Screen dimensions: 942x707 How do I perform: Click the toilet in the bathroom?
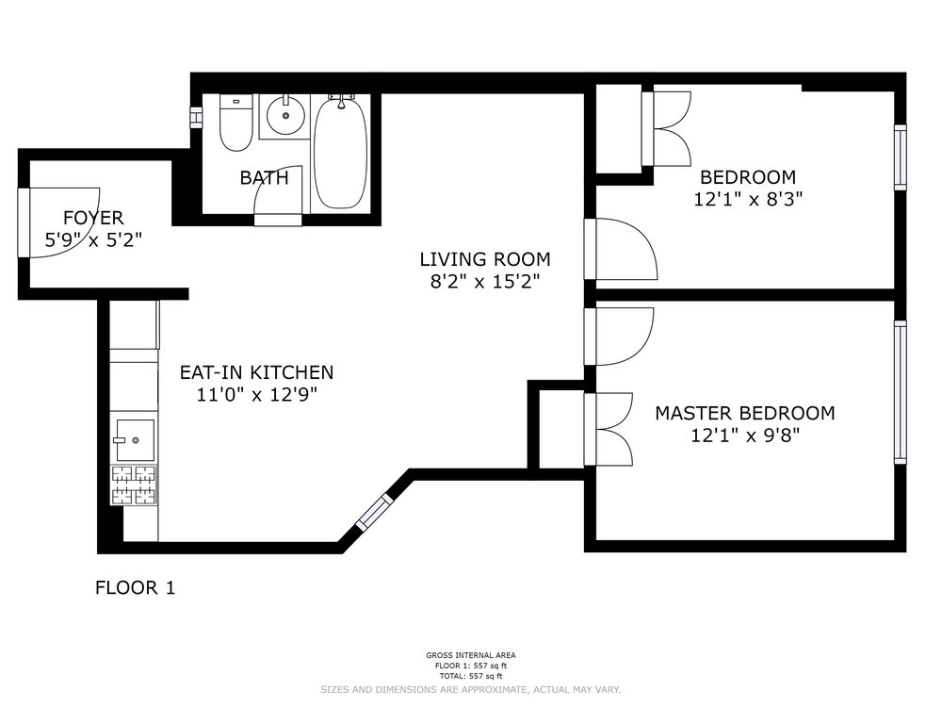coord(235,123)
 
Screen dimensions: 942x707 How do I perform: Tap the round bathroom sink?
coord(285,115)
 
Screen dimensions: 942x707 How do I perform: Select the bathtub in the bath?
coord(341,153)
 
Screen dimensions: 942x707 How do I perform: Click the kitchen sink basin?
coord(135,440)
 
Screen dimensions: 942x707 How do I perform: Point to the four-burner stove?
coord(134,485)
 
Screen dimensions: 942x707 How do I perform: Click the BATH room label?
coord(265,178)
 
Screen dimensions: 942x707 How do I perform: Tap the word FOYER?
coord(93,218)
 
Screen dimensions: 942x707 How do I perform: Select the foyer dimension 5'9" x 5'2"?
coord(93,240)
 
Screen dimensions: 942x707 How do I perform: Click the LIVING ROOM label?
coord(485,259)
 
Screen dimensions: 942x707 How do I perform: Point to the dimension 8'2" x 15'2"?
coord(485,281)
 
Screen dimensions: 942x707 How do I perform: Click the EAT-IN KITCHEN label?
coord(256,372)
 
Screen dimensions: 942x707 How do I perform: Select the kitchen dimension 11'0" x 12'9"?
coord(256,395)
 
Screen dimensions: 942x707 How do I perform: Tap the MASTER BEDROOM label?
coord(745,413)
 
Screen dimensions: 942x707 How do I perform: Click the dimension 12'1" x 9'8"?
coord(745,436)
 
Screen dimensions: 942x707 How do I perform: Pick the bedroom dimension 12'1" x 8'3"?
coord(748,199)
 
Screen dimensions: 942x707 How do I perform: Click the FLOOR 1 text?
coord(135,587)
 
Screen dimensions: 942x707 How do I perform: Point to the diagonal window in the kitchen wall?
coord(374,513)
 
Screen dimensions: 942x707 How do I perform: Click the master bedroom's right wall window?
coord(900,392)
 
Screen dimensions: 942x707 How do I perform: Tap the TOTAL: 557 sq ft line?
coord(471,676)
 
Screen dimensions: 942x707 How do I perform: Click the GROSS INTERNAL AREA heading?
coord(471,655)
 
